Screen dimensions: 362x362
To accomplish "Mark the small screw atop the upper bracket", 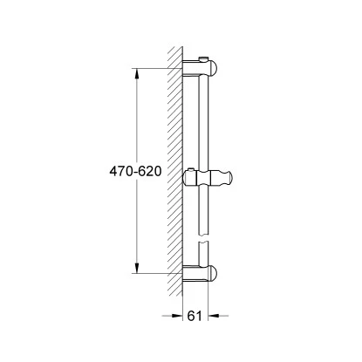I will click(x=203, y=58).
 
